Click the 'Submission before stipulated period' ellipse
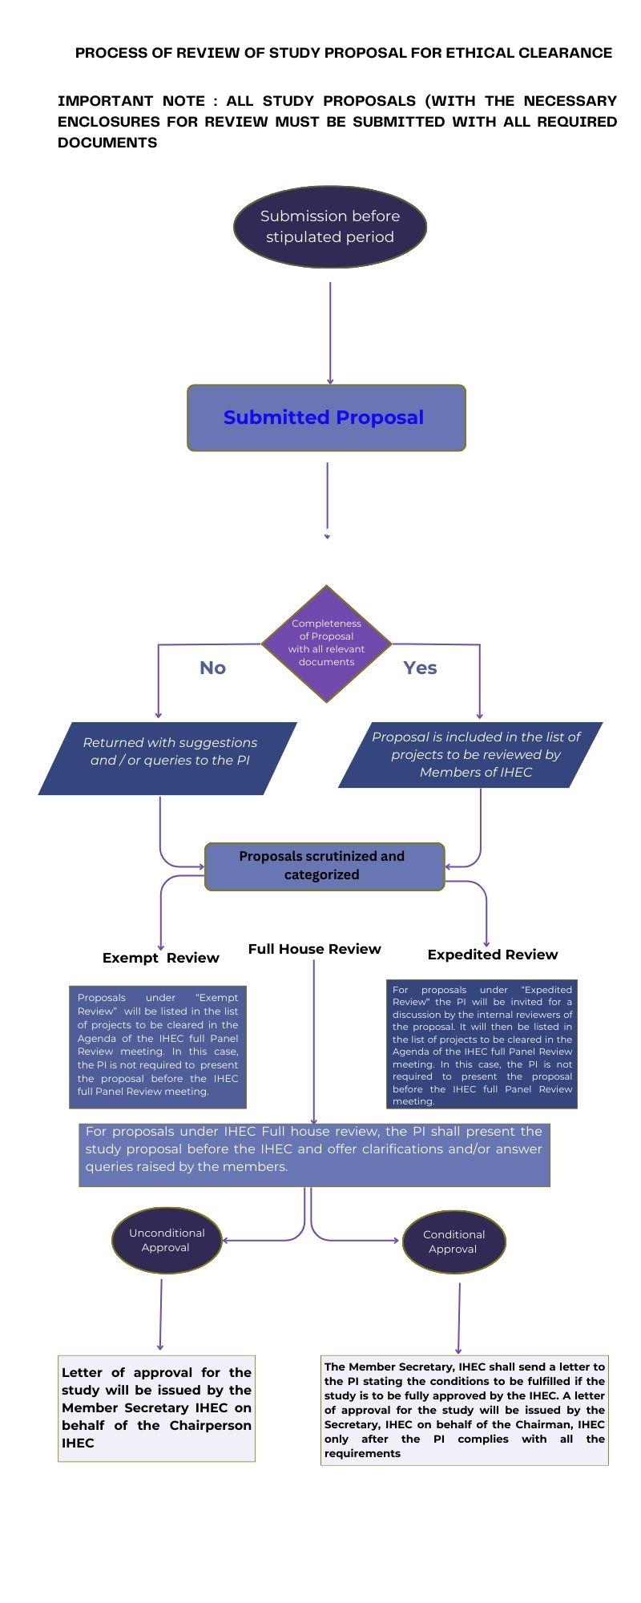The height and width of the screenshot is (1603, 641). pyautogui.click(x=329, y=227)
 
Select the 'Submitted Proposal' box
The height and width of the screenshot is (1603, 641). pyautogui.click(x=326, y=418)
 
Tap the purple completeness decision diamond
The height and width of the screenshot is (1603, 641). pyautogui.click(x=326, y=644)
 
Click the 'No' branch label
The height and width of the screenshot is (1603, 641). pyautogui.click(x=212, y=668)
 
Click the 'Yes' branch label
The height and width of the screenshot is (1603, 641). pyautogui.click(x=420, y=668)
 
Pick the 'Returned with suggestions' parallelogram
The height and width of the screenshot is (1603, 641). pyautogui.click(x=167, y=758)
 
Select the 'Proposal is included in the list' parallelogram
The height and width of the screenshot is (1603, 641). pyautogui.click(x=470, y=755)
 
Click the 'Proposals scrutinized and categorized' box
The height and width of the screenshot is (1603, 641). pyautogui.click(x=325, y=866)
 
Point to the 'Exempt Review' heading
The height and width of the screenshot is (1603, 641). pyautogui.click(x=160, y=958)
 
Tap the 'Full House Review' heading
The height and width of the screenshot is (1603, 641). pyautogui.click(x=314, y=949)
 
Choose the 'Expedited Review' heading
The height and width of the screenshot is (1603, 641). pyautogui.click(x=492, y=955)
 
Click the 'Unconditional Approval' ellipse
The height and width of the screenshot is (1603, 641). pyautogui.click(x=167, y=1241)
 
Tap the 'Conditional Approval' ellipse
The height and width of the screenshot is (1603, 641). pyautogui.click(x=454, y=1242)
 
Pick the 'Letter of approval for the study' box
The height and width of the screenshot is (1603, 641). pyautogui.click(x=156, y=1408)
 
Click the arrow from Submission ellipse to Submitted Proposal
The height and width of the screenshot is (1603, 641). pyautogui.click(x=330, y=333)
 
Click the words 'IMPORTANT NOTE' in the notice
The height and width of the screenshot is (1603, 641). pyautogui.click(x=131, y=101)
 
